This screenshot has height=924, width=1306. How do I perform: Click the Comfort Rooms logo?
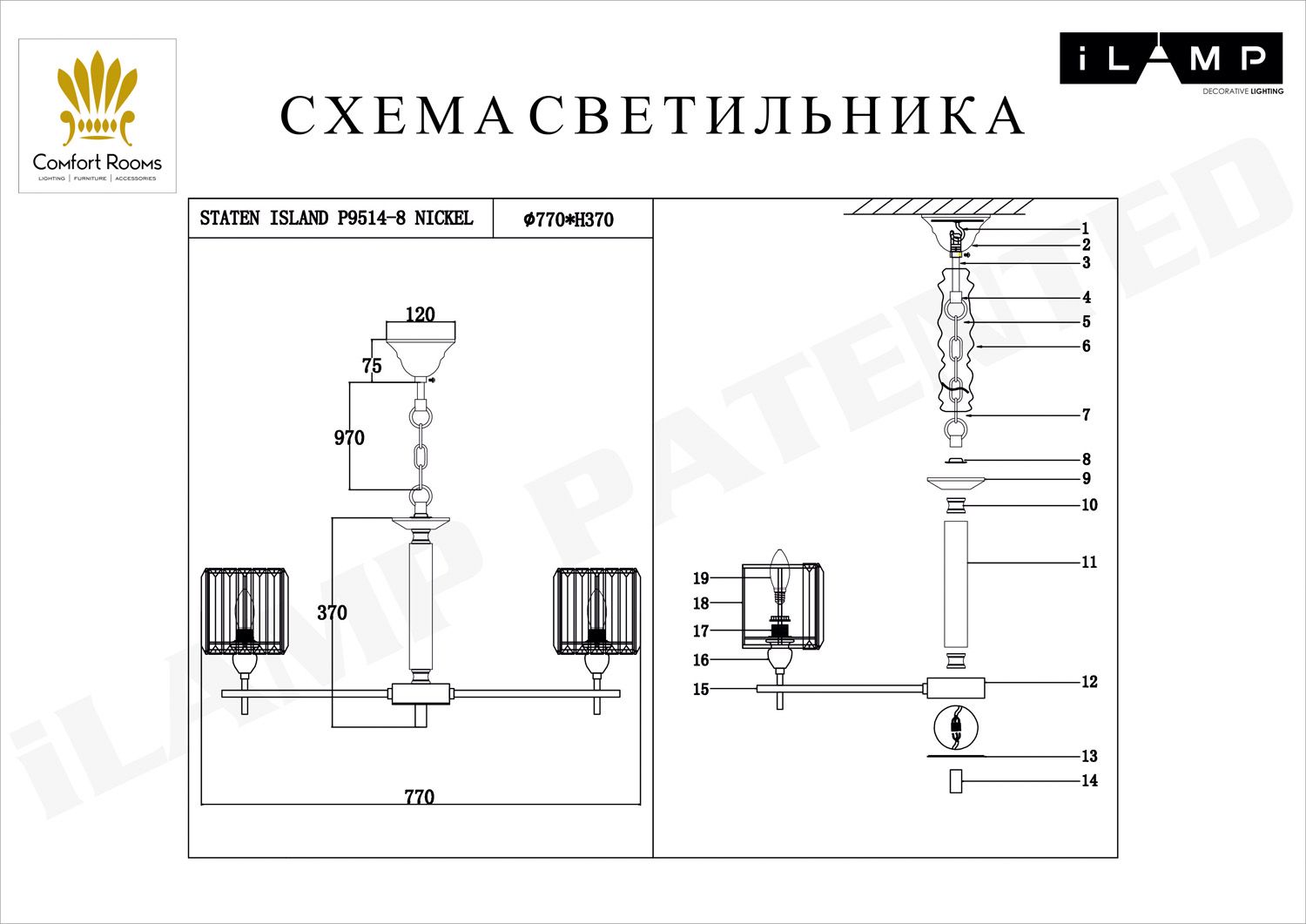pyautogui.click(x=98, y=116)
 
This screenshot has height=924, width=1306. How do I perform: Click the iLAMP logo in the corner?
pyautogui.click(x=1170, y=61)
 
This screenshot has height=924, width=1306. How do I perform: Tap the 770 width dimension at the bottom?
pyautogui.click(x=419, y=797)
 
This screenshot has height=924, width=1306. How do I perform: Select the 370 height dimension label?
pyautogui.click(x=332, y=613)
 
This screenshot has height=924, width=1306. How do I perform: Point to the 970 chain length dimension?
pyautogui.click(x=349, y=438)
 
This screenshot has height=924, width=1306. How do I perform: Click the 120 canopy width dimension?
pyautogui.click(x=420, y=314)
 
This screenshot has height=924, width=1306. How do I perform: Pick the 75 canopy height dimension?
pyautogui.click(x=372, y=366)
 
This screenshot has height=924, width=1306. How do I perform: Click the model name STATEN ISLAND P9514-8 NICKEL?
pyautogui.click(x=337, y=219)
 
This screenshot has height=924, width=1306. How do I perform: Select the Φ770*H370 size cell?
pyautogui.click(x=569, y=220)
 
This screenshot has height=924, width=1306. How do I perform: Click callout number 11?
pyautogui.click(x=1089, y=563)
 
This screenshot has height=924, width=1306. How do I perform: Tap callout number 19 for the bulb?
pyautogui.click(x=701, y=578)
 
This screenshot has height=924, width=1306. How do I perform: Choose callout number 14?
pyautogui.click(x=1089, y=781)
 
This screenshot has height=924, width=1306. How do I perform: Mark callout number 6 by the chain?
pyautogui.click(x=1086, y=347)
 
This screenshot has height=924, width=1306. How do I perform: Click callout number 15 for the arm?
pyautogui.click(x=701, y=690)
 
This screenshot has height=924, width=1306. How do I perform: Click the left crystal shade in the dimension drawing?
pyautogui.click(x=245, y=610)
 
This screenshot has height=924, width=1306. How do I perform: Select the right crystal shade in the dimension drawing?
pyautogui.click(x=596, y=610)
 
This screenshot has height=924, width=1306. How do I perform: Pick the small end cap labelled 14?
pyautogui.click(x=956, y=781)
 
